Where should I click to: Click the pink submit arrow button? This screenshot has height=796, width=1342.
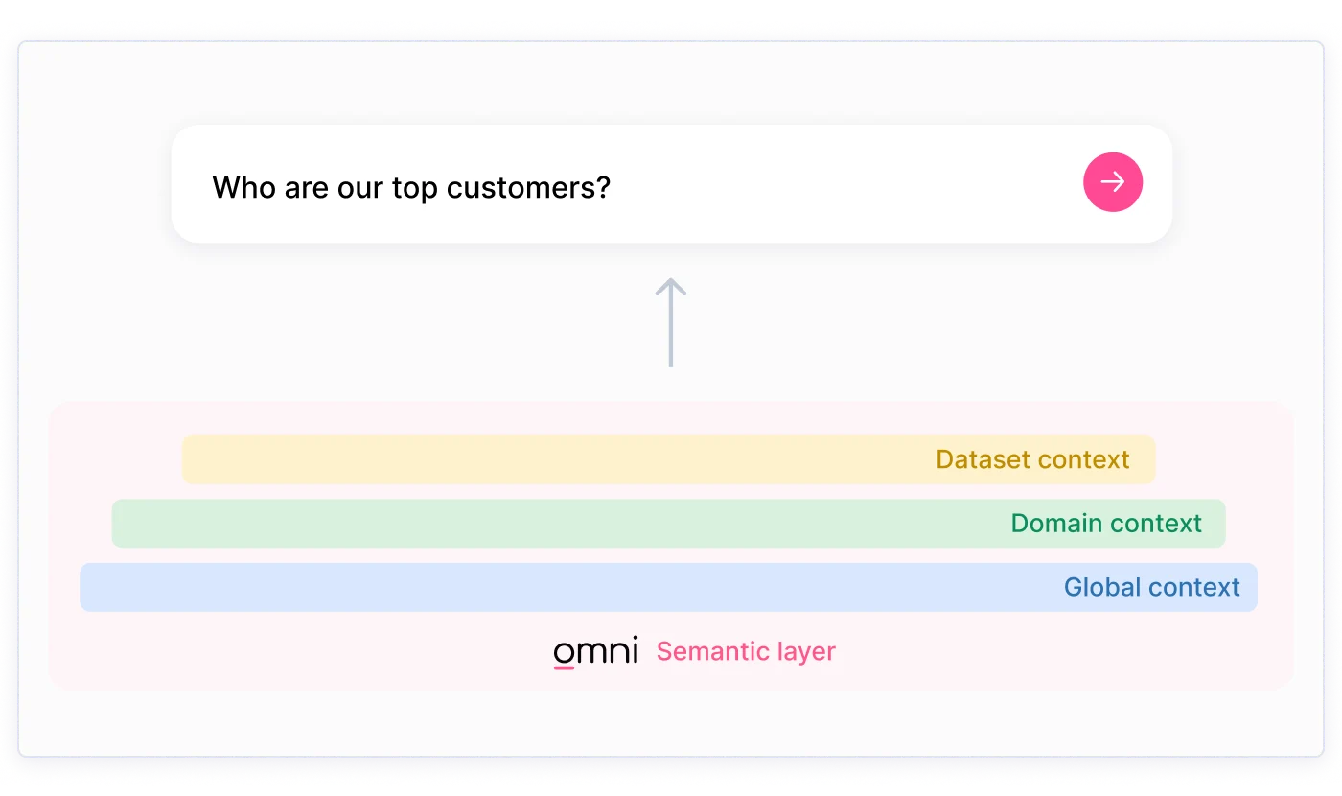1113,181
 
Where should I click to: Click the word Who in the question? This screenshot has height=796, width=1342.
243,187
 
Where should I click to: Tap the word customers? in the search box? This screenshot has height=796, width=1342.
528,188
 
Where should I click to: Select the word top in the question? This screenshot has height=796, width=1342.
414,189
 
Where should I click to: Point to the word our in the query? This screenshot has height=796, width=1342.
359,190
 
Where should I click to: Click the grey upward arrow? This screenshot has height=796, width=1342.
670,322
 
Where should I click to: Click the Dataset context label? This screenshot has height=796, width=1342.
1032,459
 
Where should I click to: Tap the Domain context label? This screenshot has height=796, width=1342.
1106,524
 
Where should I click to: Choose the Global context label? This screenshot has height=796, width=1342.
1151,587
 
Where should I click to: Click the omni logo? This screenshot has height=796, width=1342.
595,651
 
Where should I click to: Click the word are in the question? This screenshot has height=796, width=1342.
305,190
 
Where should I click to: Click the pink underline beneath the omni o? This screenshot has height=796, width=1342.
564,667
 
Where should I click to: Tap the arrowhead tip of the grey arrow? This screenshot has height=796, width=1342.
671,279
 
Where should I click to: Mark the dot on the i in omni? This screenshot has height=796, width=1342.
635,638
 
